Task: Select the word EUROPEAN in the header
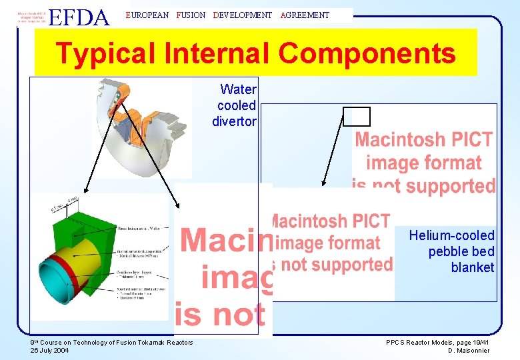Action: (x=147, y=15)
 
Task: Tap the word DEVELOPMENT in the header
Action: (x=243, y=15)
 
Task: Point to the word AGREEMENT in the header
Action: (x=305, y=15)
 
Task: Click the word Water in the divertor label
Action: (x=238, y=89)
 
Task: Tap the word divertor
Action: (x=234, y=121)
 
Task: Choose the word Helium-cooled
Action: (x=451, y=235)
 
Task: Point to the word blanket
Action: (x=473, y=267)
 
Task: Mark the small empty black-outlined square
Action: (x=356, y=117)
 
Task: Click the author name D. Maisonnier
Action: (x=468, y=351)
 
